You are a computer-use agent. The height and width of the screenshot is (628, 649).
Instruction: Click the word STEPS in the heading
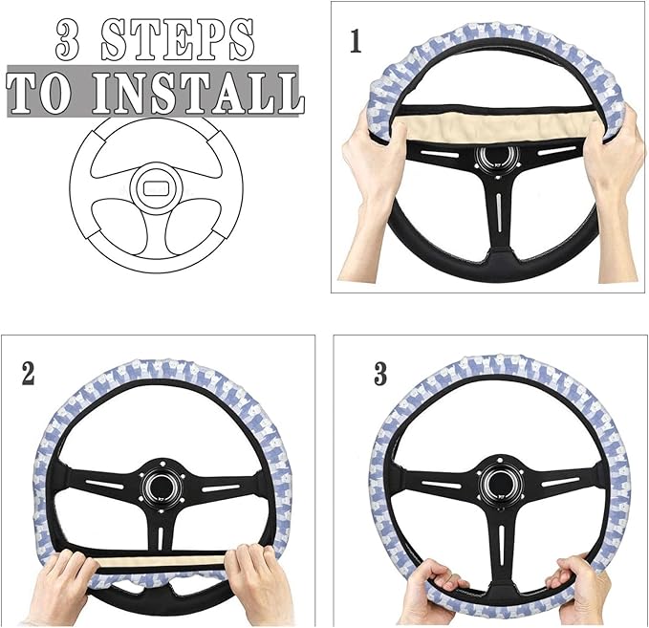pos(179,40)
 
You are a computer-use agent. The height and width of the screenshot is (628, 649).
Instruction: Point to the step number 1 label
pos(356,42)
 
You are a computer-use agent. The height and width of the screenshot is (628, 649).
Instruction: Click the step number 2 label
pos(28,373)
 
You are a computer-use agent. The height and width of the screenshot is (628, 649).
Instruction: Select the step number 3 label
pos(380,374)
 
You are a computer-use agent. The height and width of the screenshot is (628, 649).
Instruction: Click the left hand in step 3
pos(430,597)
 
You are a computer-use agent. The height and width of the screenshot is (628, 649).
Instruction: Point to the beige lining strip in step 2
pos(162,560)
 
